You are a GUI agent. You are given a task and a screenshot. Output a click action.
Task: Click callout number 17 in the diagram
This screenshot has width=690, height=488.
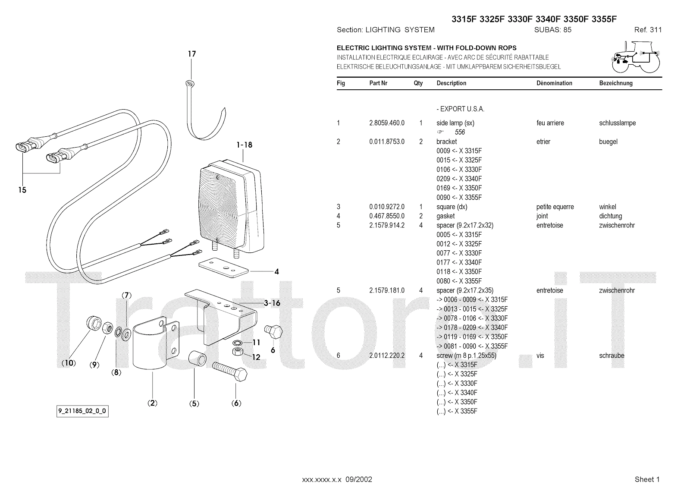click(x=192, y=54)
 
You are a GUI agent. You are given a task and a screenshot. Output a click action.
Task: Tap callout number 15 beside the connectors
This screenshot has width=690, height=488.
click(x=22, y=190)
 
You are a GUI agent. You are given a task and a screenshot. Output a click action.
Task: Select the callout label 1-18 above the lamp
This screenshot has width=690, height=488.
click(x=245, y=145)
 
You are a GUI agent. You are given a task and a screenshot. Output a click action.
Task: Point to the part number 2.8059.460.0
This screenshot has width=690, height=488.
click(x=387, y=123)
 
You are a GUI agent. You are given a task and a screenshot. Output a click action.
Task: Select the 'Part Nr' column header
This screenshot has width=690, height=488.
click(x=378, y=83)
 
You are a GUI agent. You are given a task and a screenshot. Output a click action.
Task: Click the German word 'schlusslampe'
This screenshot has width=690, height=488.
click(x=617, y=123)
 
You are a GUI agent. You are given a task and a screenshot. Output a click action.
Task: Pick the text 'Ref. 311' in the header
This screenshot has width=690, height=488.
click(x=648, y=30)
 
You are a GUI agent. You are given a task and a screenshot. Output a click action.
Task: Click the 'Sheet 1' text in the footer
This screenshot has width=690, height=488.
click(x=647, y=479)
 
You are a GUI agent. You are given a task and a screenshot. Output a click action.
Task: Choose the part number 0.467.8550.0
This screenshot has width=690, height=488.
click(x=387, y=216)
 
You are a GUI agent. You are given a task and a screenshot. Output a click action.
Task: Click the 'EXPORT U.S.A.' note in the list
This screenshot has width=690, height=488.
click(x=460, y=109)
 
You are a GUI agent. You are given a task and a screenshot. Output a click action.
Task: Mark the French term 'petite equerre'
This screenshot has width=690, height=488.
click(x=555, y=207)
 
